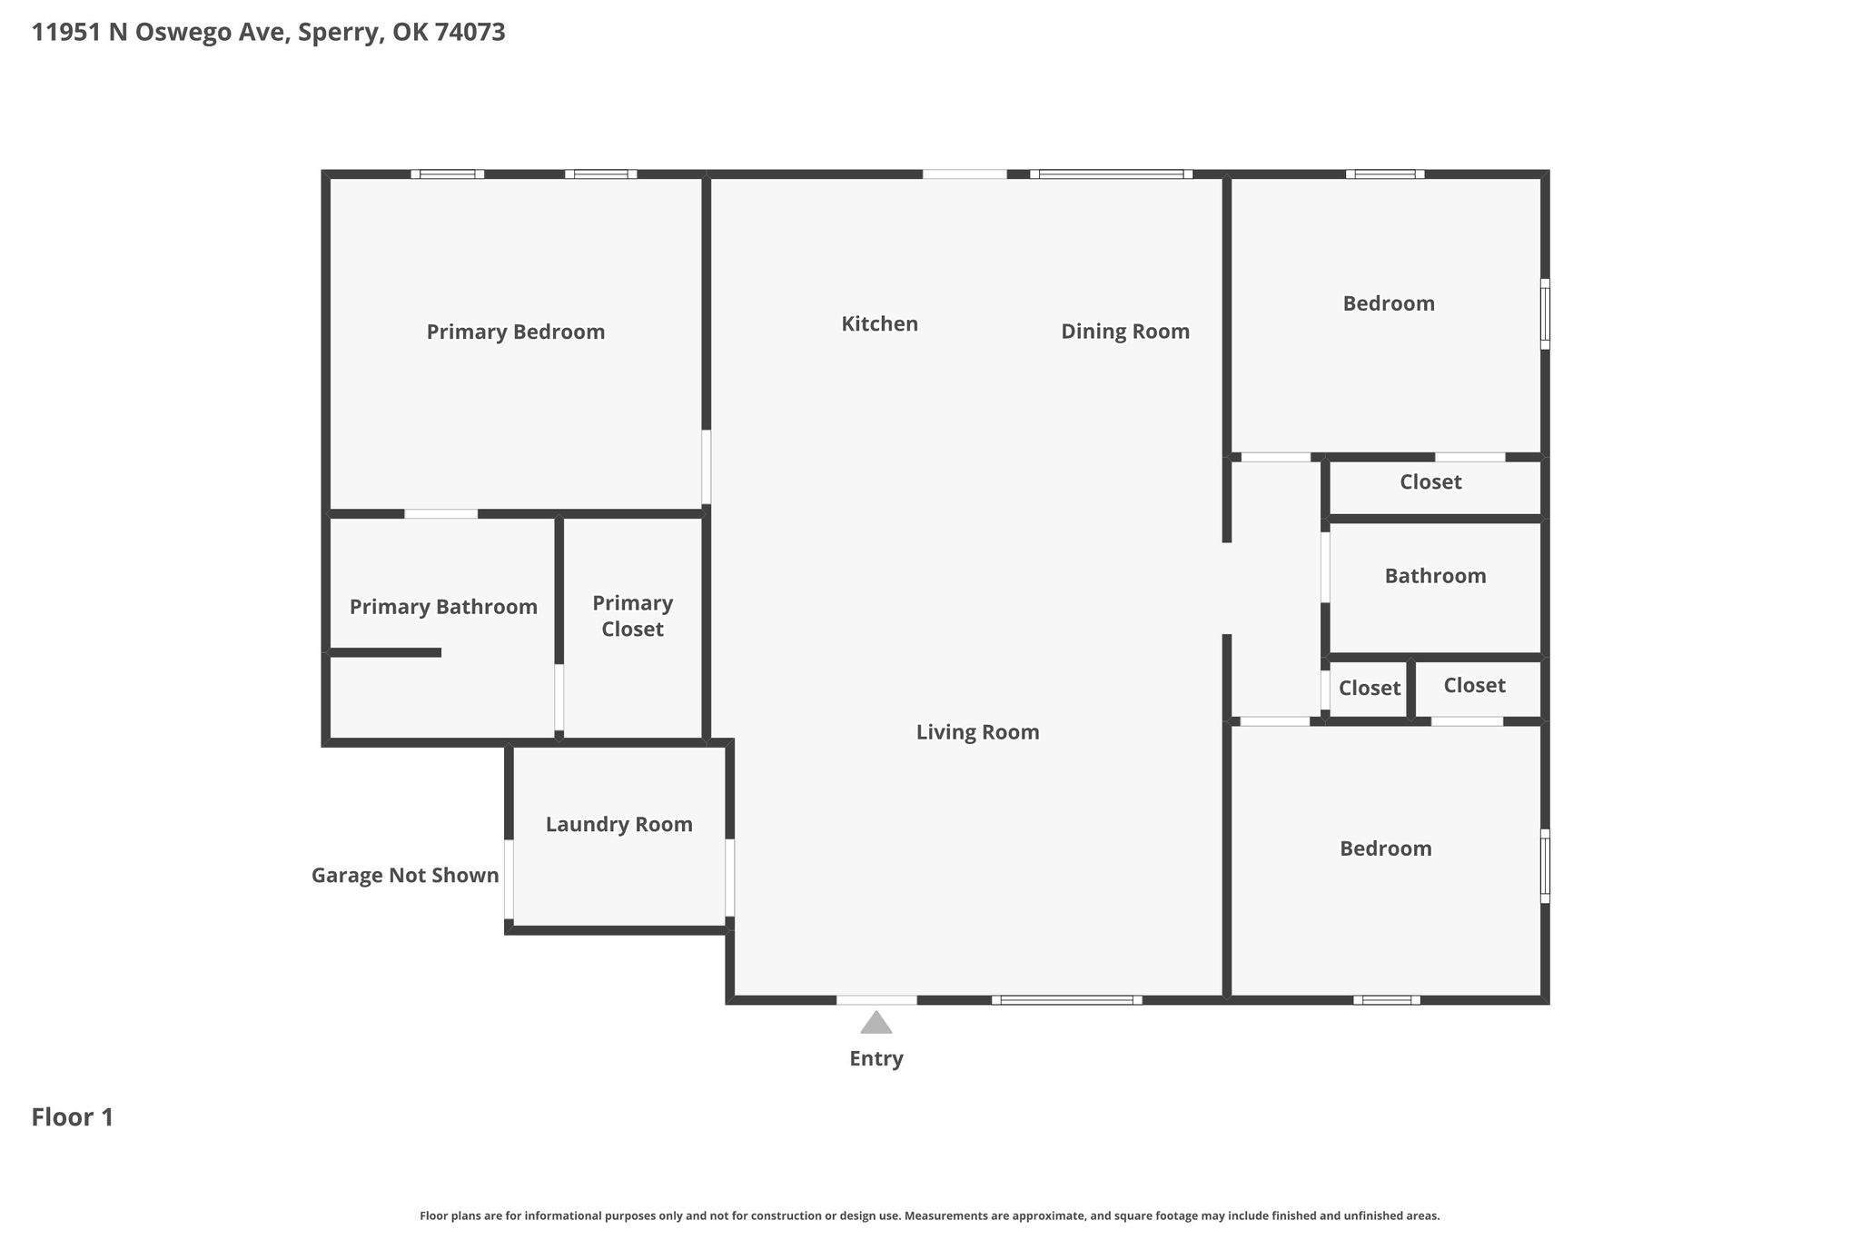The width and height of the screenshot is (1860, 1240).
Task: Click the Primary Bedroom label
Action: click(516, 332)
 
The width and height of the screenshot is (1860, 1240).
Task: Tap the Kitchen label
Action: click(879, 323)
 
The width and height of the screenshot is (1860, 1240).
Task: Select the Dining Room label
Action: click(1125, 332)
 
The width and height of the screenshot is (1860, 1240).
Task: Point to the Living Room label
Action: click(977, 732)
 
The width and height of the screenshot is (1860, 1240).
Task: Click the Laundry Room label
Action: click(618, 825)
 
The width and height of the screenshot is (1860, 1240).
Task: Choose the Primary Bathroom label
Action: click(443, 607)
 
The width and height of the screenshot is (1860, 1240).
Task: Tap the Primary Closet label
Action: click(633, 616)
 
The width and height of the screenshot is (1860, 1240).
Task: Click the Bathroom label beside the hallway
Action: click(1435, 576)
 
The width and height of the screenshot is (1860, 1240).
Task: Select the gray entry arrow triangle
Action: click(876, 1023)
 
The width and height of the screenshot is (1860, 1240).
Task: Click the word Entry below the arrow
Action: click(876, 1059)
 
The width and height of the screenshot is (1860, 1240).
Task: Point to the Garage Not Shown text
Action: click(405, 876)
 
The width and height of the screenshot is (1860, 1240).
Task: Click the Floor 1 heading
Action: click(73, 1117)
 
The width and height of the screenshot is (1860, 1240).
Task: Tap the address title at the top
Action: click(269, 33)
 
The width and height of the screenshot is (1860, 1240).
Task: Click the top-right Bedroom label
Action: click(1389, 303)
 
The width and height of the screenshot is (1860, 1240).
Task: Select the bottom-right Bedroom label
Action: click(1386, 848)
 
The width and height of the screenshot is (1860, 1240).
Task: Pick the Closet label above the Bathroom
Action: click(1430, 482)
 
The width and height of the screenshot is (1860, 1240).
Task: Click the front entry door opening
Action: click(876, 1000)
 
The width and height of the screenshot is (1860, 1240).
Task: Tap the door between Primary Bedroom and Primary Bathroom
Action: click(440, 514)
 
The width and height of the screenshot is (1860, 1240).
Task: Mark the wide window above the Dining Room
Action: click(1112, 174)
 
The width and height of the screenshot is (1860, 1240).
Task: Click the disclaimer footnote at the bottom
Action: click(930, 1215)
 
